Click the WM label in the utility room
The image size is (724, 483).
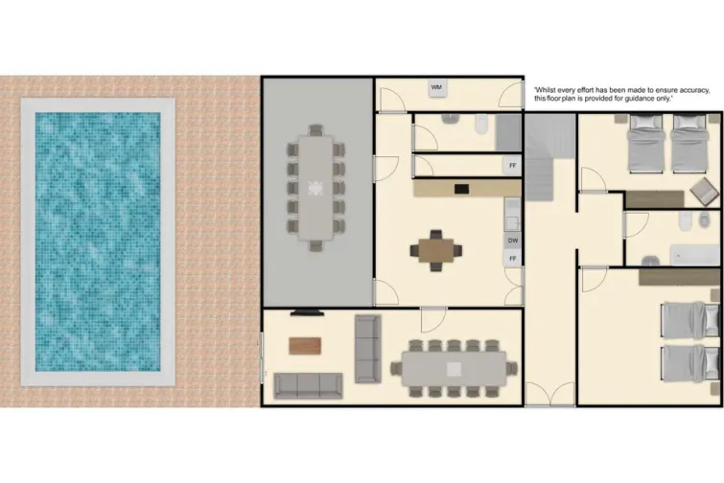click(x=437, y=88)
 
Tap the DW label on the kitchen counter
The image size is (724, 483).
click(x=513, y=241)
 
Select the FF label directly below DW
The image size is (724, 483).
click(x=513, y=259)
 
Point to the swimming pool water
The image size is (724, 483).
click(x=97, y=241)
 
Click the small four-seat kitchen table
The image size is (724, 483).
click(x=436, y=249)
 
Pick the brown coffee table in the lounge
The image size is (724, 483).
click(x=305, y=345)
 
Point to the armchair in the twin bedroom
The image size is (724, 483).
click(x=705, y=189)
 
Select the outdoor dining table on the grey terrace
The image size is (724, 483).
click(x=315, y=187)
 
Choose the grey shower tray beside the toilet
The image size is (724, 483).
click(x=509, y=131)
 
